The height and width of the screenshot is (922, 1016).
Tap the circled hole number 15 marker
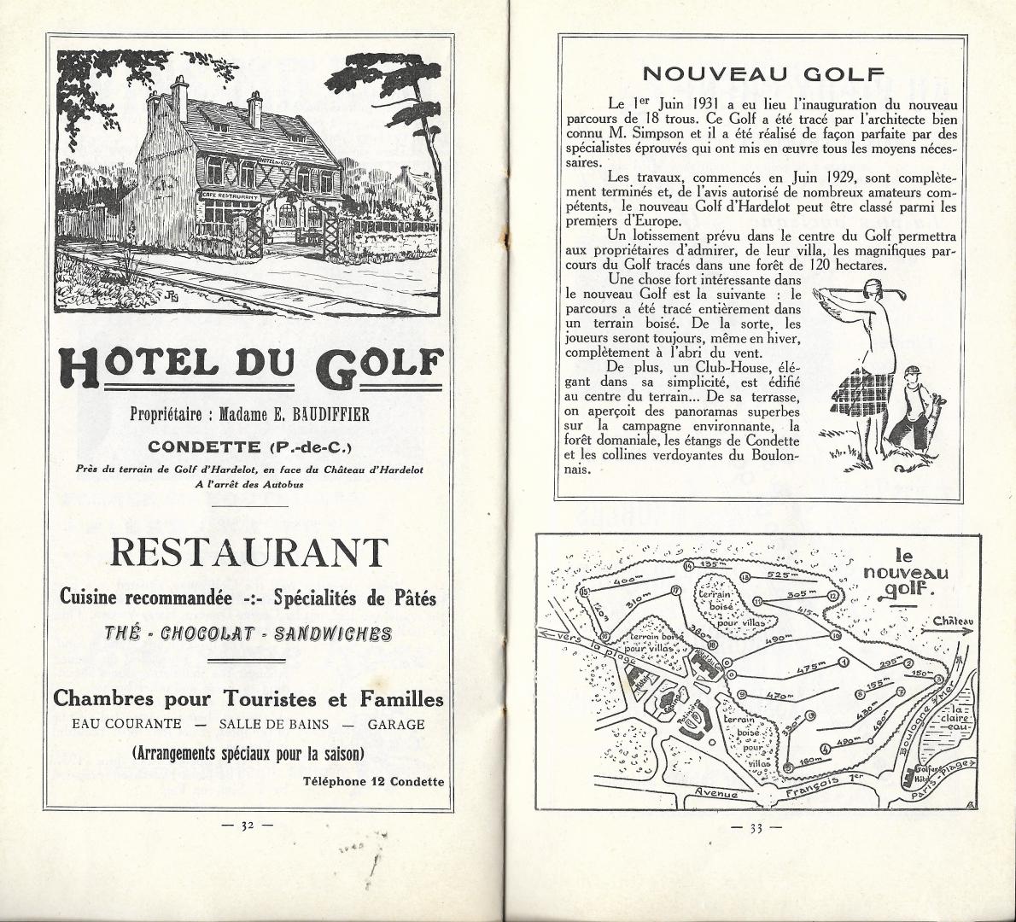point(585,591)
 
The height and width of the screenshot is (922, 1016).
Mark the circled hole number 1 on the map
point(844,662)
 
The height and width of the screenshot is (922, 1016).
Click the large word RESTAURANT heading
point(248,553)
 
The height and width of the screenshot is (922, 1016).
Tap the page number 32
point(247,826)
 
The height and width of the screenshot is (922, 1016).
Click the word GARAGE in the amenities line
point(396,725)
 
